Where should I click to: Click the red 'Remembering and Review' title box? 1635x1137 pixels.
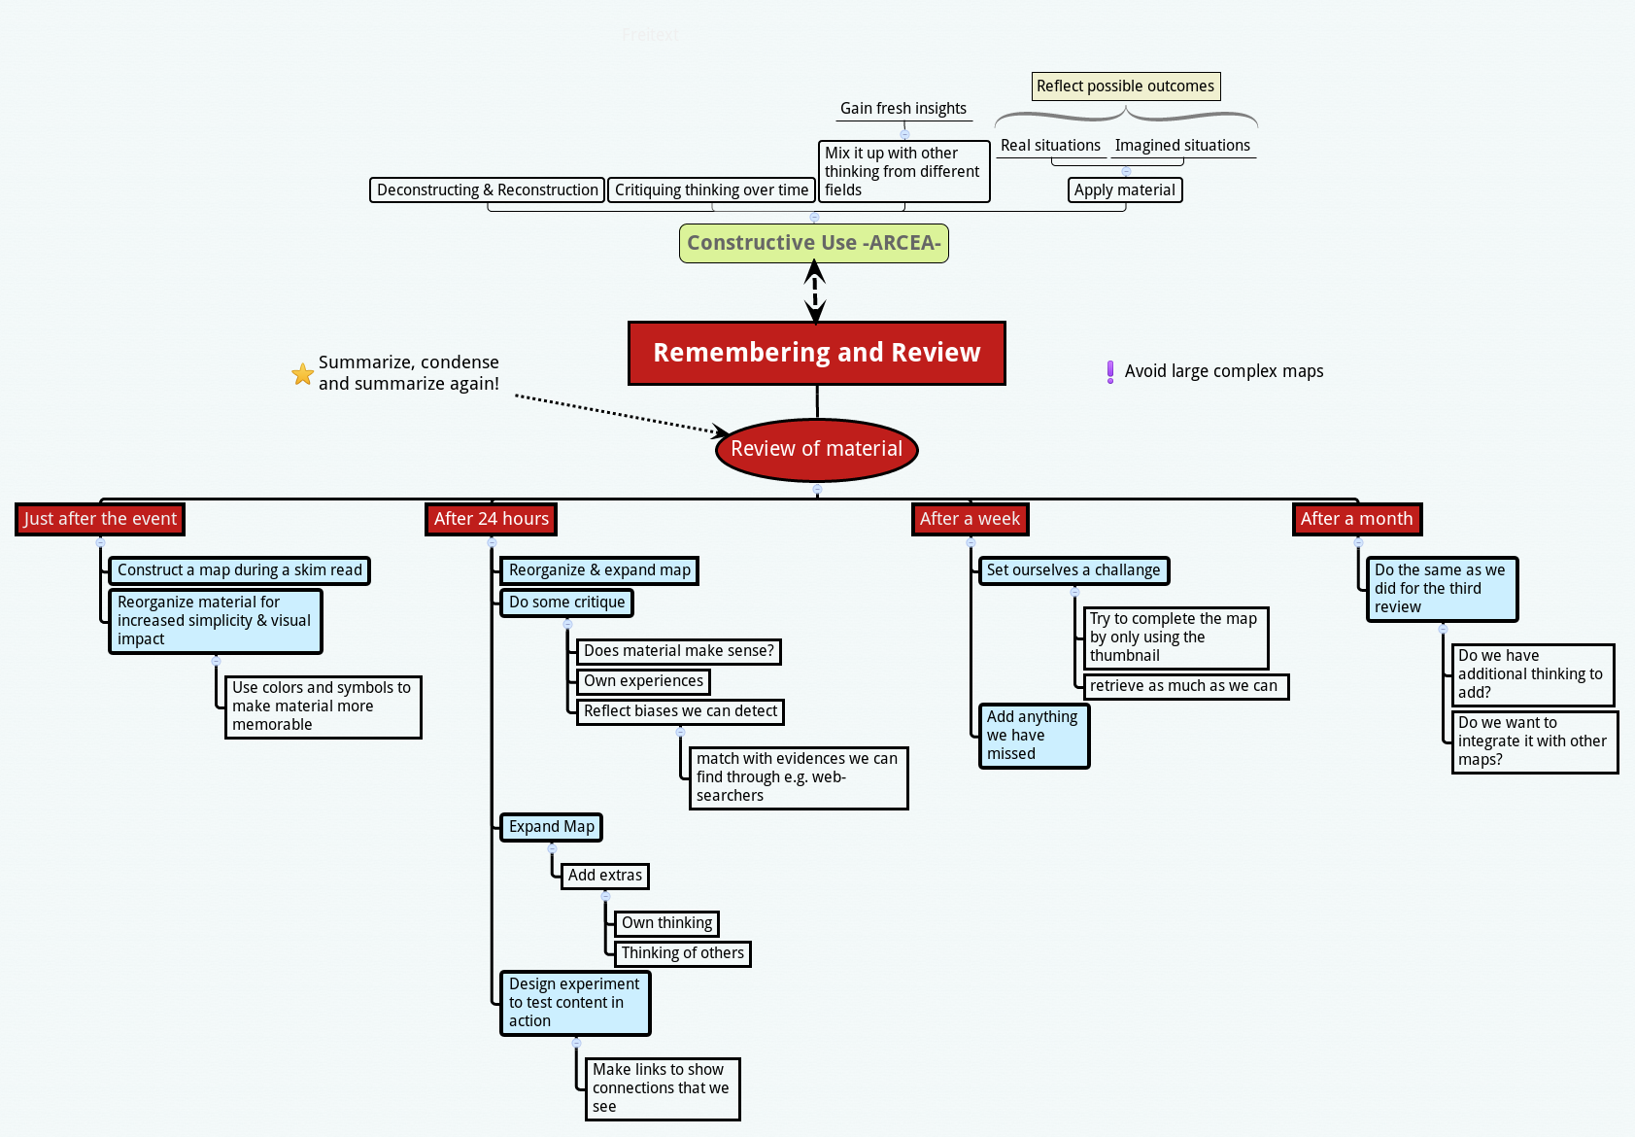pyautogui.click(x=816, y=353)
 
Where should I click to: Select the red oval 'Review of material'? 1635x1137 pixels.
pyautogui.click(x=816, y=449)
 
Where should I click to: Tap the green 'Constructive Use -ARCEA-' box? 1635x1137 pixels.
pyautogui.click(x=813, y=243)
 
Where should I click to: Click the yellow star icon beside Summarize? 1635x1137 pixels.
pyautogui.click(x=303, y=374)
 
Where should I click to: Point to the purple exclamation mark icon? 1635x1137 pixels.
pyautogui.click(x=1110, y=371)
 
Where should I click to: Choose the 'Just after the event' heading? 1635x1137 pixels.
pyautogui.click(x=100, y=519)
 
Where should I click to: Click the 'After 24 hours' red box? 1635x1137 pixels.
pyautogui.click(x=491, y=519)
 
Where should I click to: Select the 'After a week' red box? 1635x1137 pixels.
pyautogui.click(x=970, y=519)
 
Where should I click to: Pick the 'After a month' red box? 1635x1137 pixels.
pyautogui.click(x=1356, y=519)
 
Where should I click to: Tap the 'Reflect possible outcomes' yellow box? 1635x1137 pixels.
pyautogui.click(x=1125, y=86)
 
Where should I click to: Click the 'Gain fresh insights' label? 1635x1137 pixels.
pyautogui.click(x=903, y=109)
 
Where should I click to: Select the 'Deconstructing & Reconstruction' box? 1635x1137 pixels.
pyautogui.click(x=487, y=190)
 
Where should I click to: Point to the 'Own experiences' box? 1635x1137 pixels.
pyautogui.click(x=643, y=681)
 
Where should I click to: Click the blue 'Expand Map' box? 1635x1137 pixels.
pyautogui.click(x=551, y=827)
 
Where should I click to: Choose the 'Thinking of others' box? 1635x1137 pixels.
pyautogui.click(x=682, y=953)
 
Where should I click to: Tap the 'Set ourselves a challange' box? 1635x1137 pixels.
pyautogui.click(x=1073, y=570)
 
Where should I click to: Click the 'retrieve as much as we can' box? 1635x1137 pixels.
pyautogui.click(x=1184, y=686)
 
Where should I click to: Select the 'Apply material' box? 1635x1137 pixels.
pyautogui.click(x=1124, y=190)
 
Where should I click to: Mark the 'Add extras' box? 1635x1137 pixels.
pyautogui.click(x=604, y=876)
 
